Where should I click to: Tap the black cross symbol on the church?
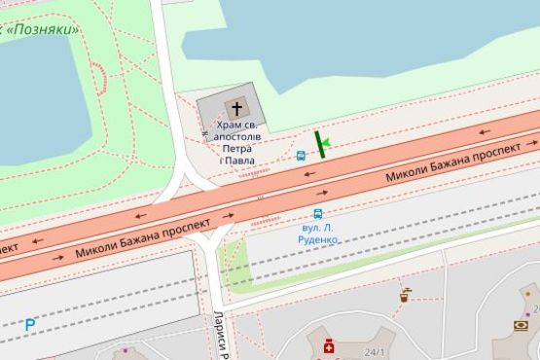[235, 108]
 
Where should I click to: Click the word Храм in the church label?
[228, 126]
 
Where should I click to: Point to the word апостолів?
[236, 137]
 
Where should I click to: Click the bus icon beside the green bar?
[301, 155]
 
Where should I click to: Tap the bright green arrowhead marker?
[326, 144]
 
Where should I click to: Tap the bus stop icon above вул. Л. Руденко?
[317, 214]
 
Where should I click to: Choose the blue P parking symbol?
[30, 324]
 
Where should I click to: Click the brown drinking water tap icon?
[405, 293]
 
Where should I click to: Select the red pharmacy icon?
[328, 345]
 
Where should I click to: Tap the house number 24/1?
[374, 352]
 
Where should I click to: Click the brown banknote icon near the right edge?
[521, 325]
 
